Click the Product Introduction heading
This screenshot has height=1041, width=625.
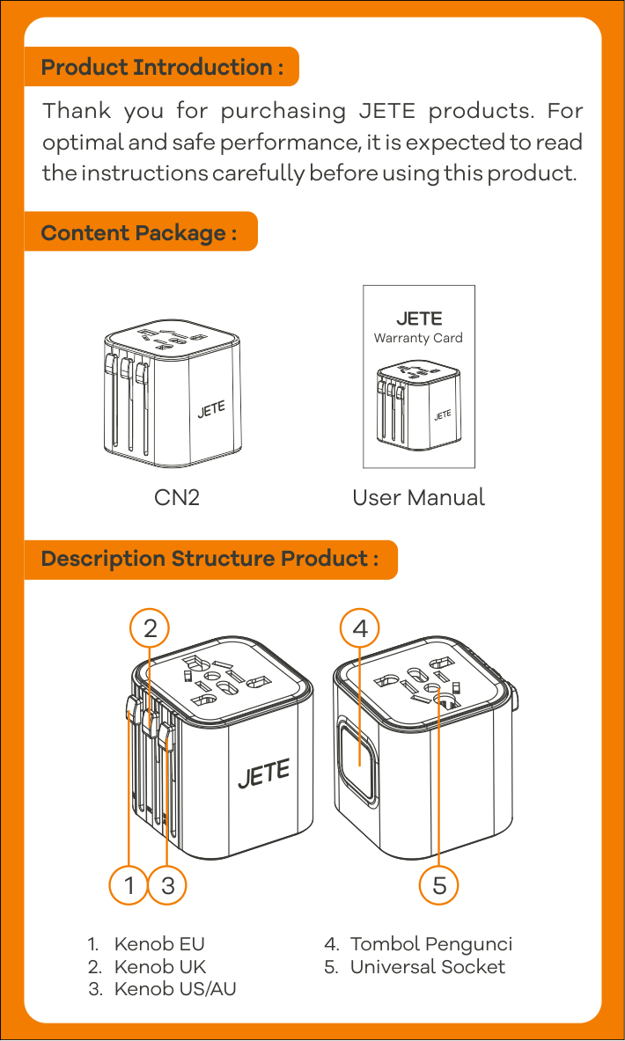click(162, 67)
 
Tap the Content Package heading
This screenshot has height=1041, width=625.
click(139, 232)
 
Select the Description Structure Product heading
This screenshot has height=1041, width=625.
click(210, 559)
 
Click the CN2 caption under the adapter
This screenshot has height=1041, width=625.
click(177, 497)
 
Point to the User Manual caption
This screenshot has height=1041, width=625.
click(418, 497)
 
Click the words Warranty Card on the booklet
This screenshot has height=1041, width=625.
click(418, 338)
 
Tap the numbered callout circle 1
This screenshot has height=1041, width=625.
click(129, 885)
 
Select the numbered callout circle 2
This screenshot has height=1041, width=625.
click(150, 628)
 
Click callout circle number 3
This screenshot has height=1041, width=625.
click(168, 885)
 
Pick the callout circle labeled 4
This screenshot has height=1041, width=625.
click(360, 628)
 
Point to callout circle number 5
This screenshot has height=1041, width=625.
click(439, 885)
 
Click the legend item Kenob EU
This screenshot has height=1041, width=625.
click(159, 944)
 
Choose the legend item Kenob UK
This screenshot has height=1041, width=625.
click(160, 967)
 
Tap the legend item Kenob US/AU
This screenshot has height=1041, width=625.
click(175, 989)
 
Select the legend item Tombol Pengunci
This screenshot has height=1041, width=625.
click(430, 944)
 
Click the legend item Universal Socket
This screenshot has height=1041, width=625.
click(427, 967)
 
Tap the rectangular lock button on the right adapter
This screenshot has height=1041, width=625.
click(359, 759)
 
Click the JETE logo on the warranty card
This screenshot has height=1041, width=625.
click(419, 319)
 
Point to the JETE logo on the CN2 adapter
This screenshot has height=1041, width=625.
click(211, 409)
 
